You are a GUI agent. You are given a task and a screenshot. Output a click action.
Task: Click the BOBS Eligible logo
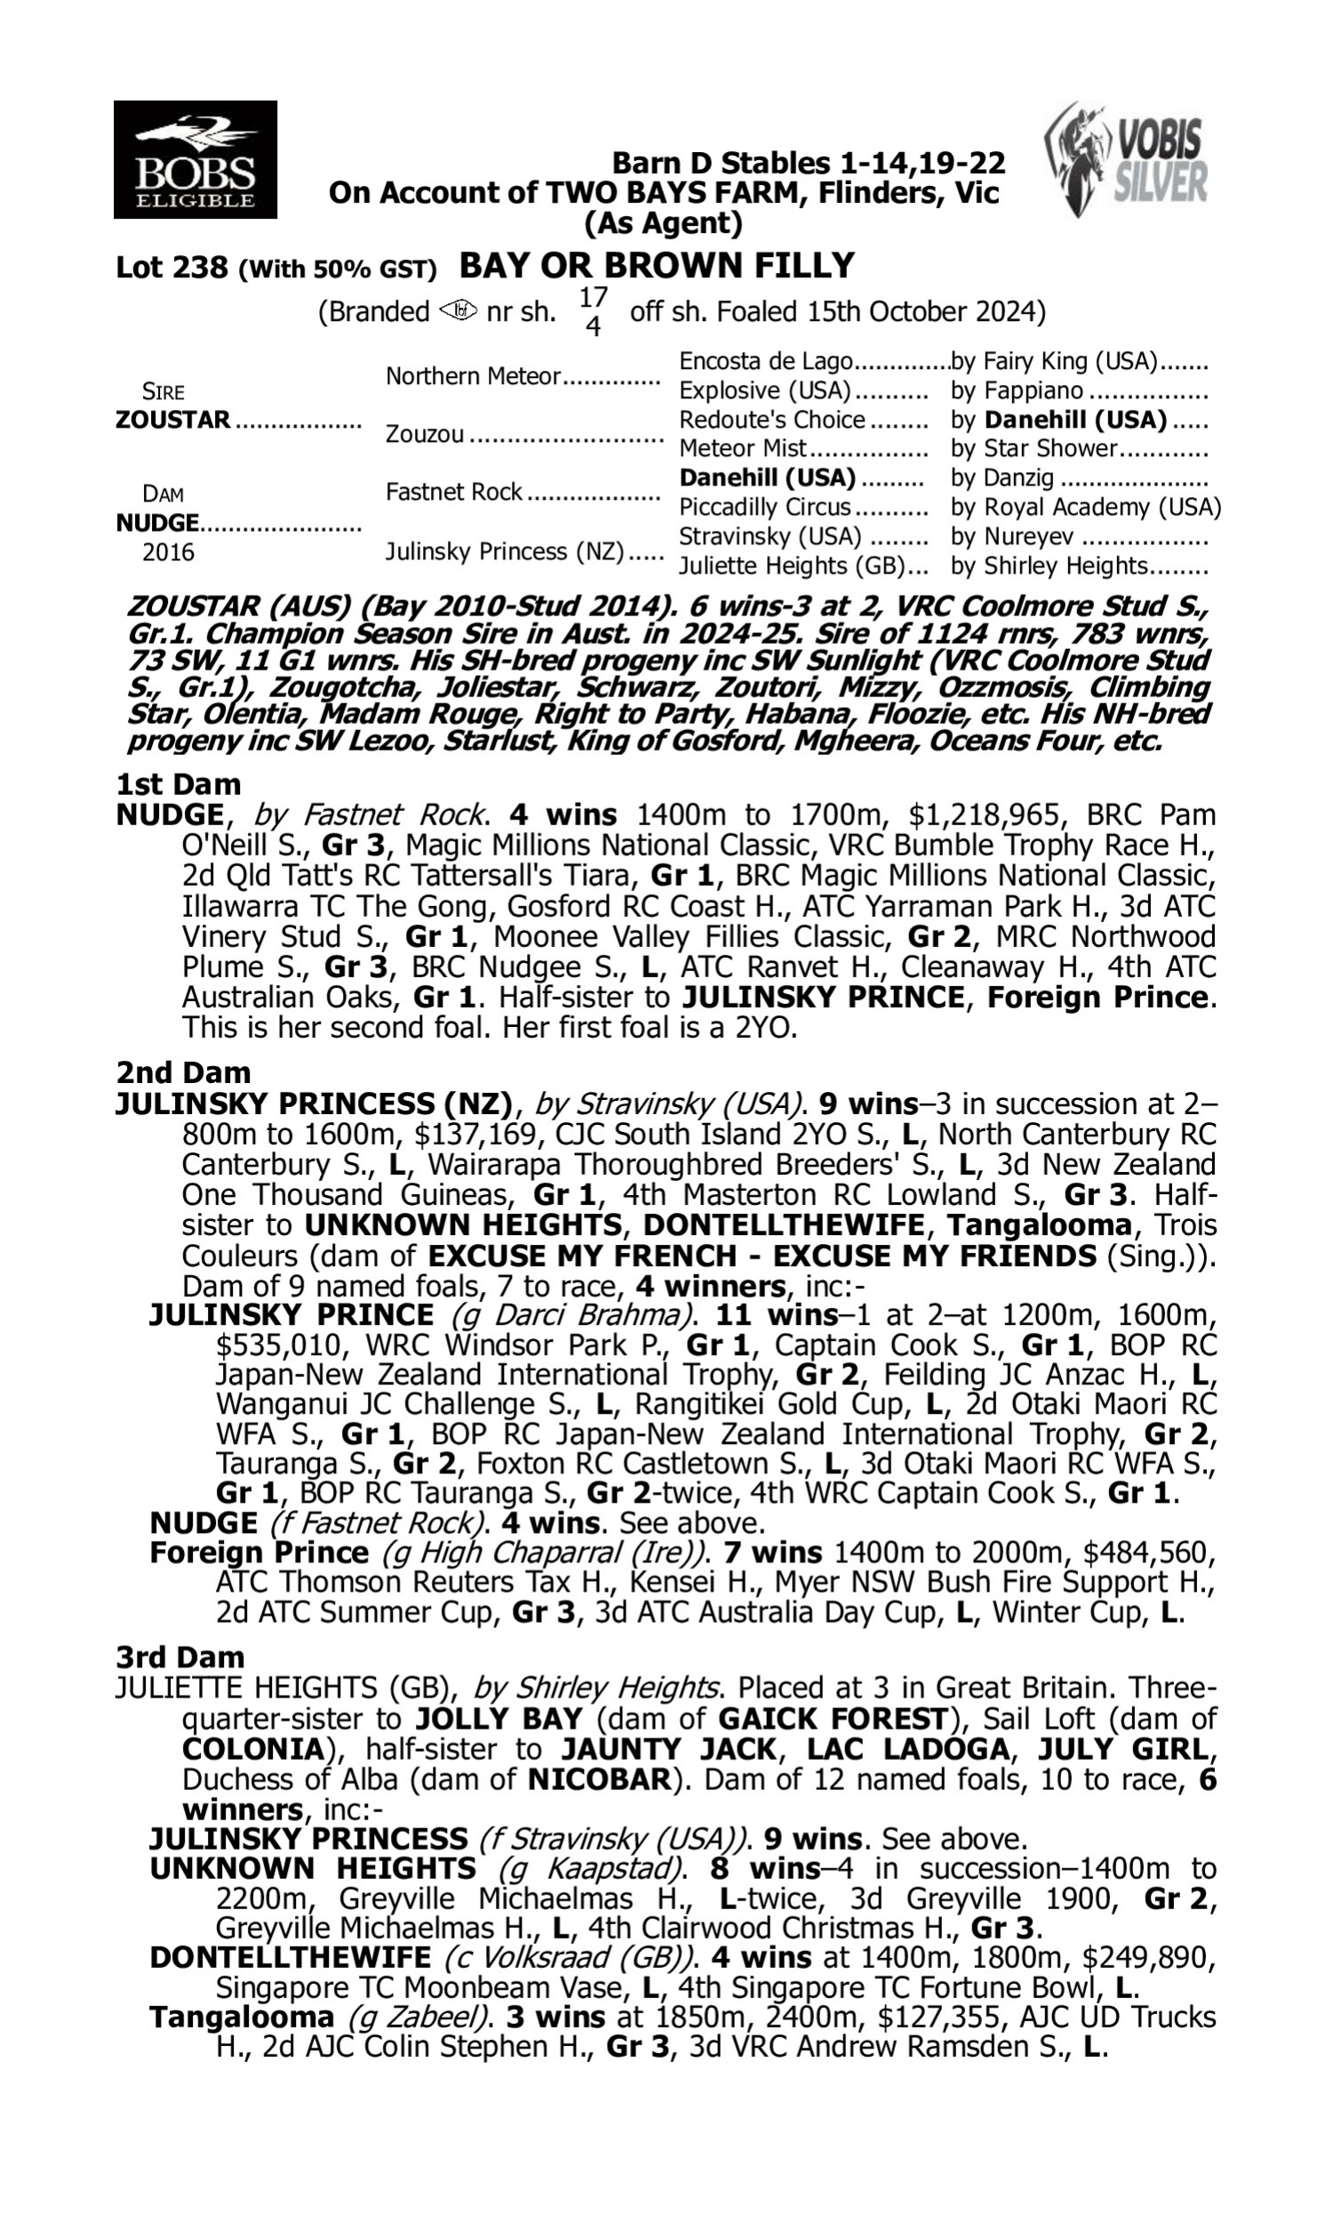point(195,159)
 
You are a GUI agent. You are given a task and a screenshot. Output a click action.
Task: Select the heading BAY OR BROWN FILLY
point(657,266)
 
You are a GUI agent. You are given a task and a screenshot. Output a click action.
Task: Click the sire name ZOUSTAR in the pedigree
point(172,420)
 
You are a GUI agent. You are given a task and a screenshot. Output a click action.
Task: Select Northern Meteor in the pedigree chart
point(473,375)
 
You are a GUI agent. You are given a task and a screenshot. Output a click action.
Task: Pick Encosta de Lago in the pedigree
point(765,361)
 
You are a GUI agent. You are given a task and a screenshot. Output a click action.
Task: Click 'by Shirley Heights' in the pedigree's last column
point(1050,566)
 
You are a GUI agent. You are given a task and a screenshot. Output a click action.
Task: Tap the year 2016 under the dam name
point(168,551)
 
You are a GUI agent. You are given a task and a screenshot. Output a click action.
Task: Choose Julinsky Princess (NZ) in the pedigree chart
point(504,550)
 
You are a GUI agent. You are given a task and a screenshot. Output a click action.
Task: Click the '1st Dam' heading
point(178,783)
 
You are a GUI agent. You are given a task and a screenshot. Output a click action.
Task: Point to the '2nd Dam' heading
point(182,1072)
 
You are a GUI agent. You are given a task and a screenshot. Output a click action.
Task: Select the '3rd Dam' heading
point(180,1656)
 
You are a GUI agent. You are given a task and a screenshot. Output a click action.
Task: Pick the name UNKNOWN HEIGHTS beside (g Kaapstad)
point(313,1869)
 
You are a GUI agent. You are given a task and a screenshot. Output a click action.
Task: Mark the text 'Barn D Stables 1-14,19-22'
point(808,163)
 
